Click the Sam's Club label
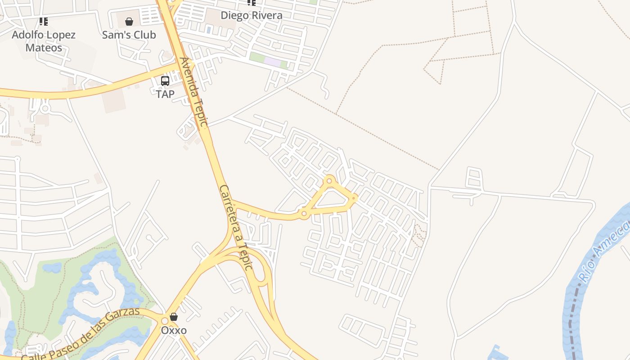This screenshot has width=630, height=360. (x=129, y=35)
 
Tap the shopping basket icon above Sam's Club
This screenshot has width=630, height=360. (x=129, y=22)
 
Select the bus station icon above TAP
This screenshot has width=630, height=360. (x=165, y=81)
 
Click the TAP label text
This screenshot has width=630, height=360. (x=165, y=94)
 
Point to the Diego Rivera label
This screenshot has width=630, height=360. (x=252, y=15)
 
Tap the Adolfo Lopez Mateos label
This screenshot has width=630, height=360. (x=44, y=41)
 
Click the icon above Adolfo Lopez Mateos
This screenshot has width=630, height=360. (x=44, y=21)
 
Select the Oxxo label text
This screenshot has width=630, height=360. (x=174, y=330)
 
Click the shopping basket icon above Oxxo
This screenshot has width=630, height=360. (x=174, y=317)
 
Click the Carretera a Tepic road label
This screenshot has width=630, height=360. (x=235, y=227)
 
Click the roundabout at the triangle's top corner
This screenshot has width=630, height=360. (x=329, y=181)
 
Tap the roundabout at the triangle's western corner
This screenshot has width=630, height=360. (x=304, y=213)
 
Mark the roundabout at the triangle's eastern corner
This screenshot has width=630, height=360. (x=354, y=198)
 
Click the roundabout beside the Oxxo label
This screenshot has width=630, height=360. (x=165, y=320)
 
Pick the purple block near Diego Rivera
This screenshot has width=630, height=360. (x=272, y=62)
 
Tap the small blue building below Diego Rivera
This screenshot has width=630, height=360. (x=208, y=30)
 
